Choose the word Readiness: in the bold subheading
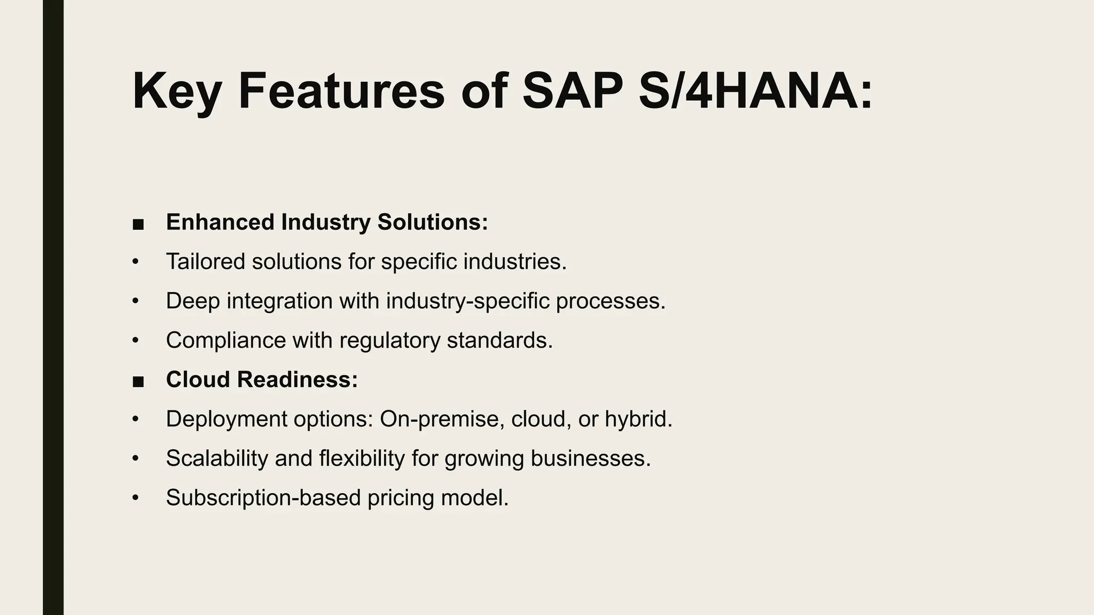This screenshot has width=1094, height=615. [297, 380]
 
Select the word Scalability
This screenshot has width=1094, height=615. [217, 459]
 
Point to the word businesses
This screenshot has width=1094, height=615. [590, 459]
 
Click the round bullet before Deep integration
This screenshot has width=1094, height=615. [135, 301]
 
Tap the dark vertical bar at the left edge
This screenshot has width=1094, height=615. [53, 307]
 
